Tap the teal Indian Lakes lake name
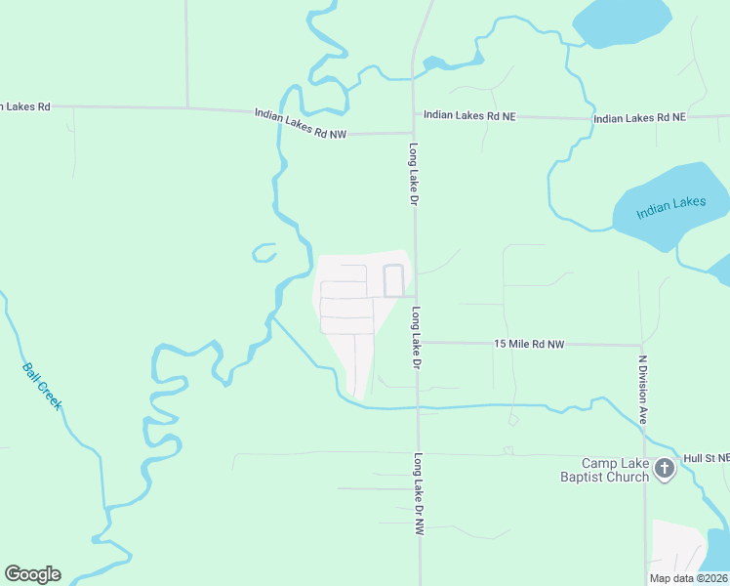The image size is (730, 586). pos(670,208)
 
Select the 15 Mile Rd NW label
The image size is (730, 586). pos(529,344)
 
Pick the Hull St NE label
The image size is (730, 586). pos(707,457)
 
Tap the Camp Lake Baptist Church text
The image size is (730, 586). pos(616,470)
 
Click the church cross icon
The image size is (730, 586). pos(665,469)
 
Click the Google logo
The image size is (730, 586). pos(32,574)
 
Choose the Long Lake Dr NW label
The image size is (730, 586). pos(420,494)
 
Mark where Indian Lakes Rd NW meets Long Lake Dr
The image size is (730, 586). pos(413,132)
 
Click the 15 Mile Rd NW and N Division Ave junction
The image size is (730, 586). pos(642,345)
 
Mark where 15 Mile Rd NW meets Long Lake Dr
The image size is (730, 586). pos(418,342)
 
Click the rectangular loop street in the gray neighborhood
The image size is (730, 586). pos(393,280)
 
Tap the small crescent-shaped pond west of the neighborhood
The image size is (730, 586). pos(263,253)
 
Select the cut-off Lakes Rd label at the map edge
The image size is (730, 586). pos(24,105)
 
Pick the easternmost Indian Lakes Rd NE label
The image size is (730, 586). pos(639,118)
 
